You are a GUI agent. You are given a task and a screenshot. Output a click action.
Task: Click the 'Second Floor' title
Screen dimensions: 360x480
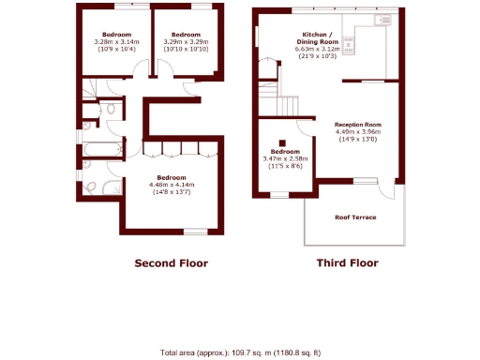click(x=172, y=262)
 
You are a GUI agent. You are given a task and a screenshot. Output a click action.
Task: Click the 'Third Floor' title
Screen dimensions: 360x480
click(x=347, y=262)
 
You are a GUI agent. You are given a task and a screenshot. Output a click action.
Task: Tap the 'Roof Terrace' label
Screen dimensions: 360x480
click(x=355, y=217)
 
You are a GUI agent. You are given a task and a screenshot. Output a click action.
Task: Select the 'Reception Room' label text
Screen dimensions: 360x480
click(x=358, y=124)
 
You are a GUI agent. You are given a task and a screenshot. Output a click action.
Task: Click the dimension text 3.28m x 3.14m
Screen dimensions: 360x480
click(x=116, y=41)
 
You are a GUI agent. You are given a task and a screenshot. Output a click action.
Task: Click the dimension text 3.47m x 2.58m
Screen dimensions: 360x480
click(x=285, y=158)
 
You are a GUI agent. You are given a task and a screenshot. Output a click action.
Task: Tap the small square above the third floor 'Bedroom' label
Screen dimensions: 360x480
click(x=282, y=142)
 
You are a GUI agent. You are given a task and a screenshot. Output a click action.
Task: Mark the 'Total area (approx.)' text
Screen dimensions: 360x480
click(x=198, y=352)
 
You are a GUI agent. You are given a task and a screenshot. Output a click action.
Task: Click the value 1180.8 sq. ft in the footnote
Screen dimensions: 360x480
click(x=294, y=352)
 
